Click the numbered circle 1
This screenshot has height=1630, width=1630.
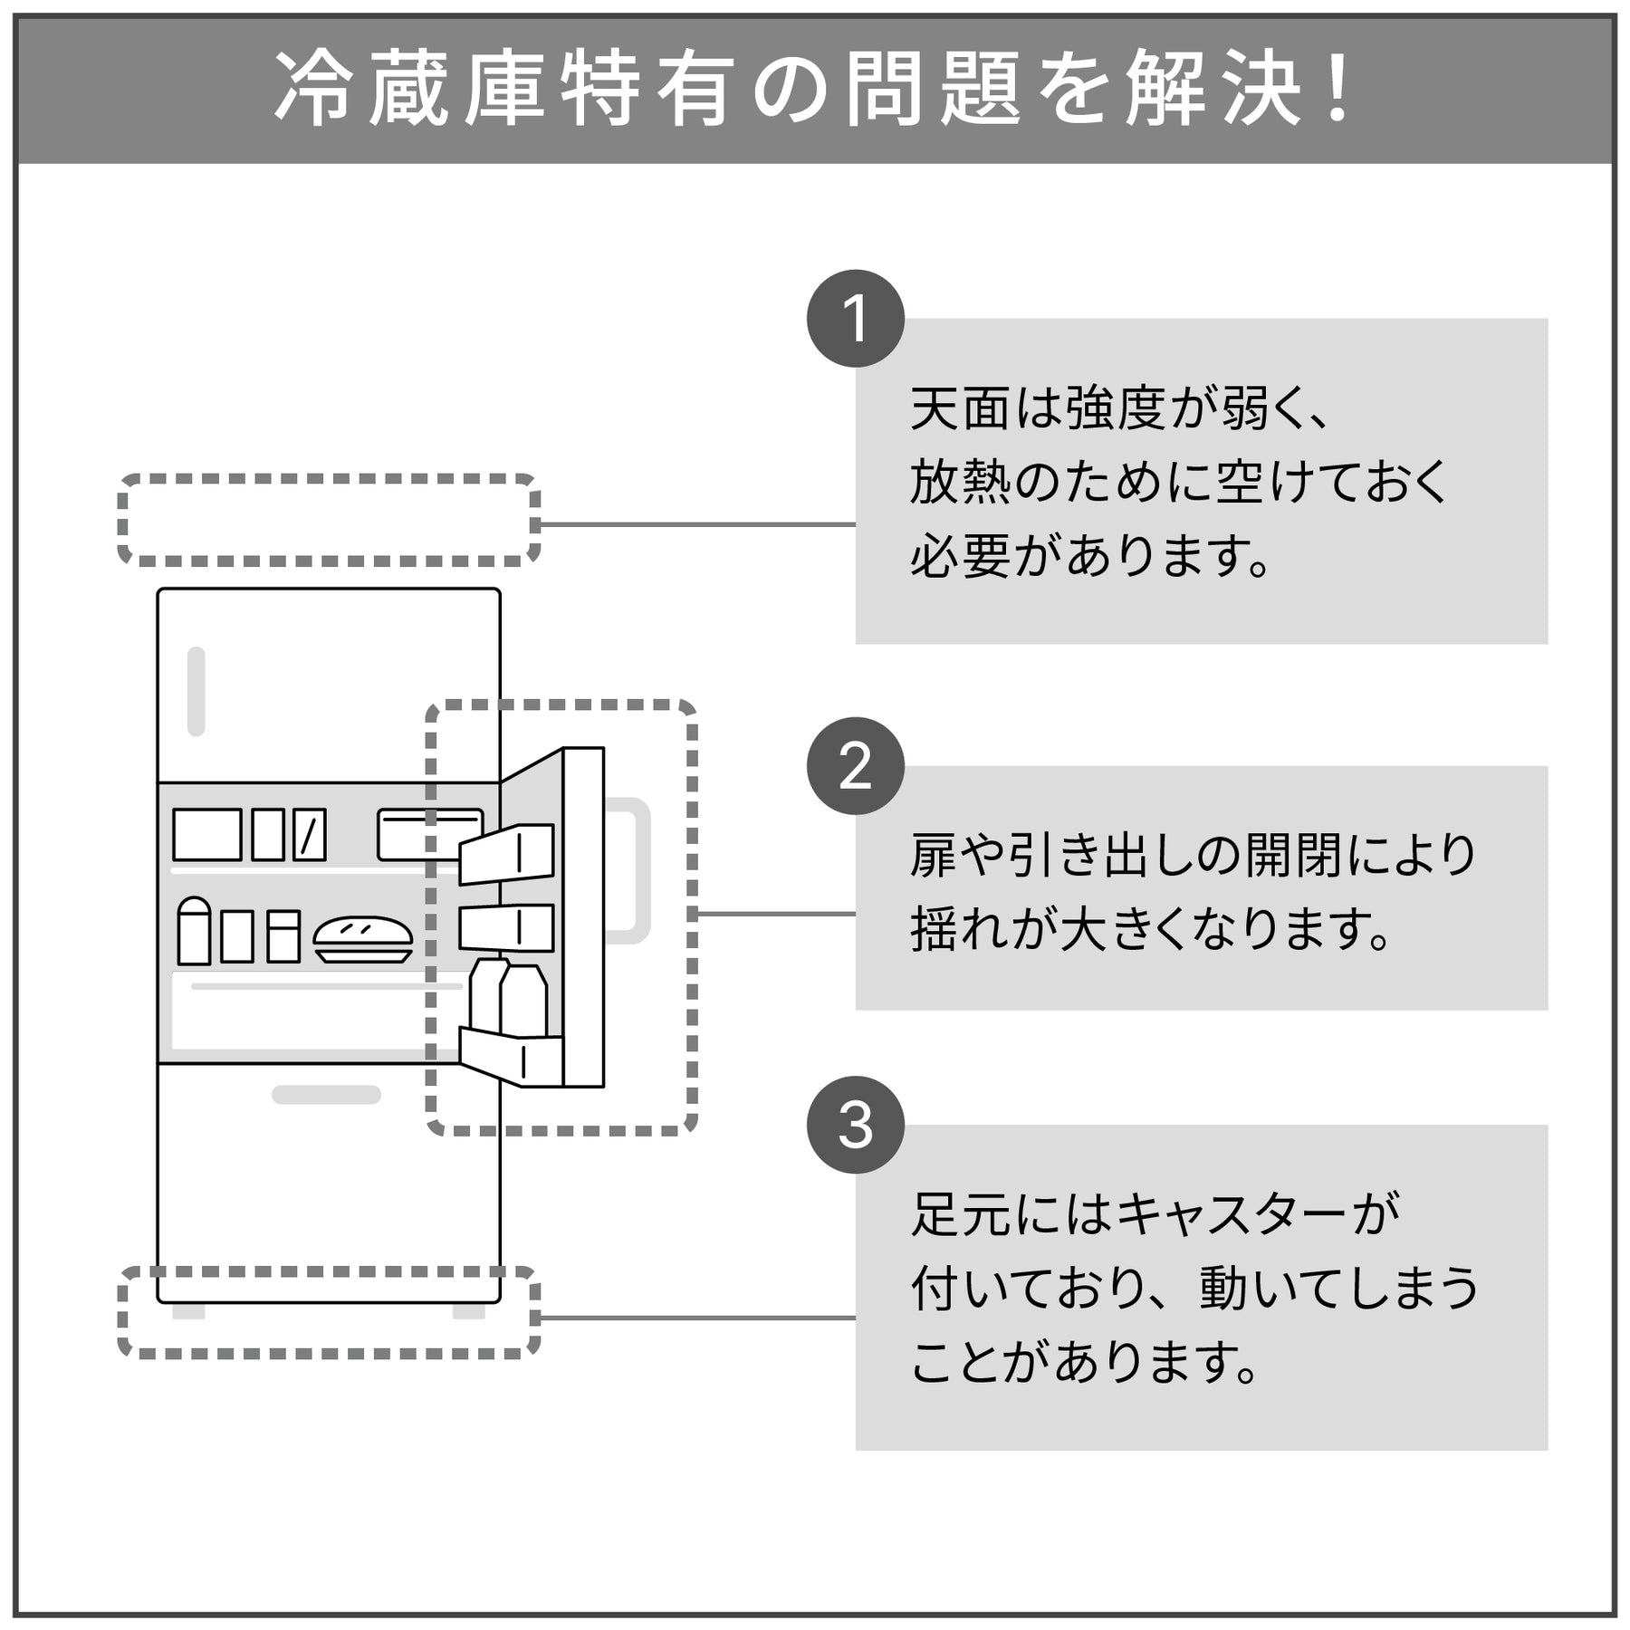(x=855, y=319)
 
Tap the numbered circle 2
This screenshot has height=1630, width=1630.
(x=855, y=766)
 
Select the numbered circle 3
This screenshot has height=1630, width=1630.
(x=855, y=1125)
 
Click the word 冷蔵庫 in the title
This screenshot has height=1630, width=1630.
(x=409, y=90)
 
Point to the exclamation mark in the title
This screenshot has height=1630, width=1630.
(x=1335, y=90)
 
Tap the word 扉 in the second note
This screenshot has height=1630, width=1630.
(x=933, y=856)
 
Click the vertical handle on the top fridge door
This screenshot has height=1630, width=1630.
(x=196, y=691)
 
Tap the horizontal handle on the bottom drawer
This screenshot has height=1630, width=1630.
(x=326, y=1094)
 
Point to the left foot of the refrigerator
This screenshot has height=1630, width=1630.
(x=188, y=1311)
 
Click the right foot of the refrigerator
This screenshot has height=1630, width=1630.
(x=468, y=1311)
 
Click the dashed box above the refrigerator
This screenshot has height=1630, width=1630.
(x=329, y=520)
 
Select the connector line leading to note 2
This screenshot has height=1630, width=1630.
(x=775, y=914)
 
